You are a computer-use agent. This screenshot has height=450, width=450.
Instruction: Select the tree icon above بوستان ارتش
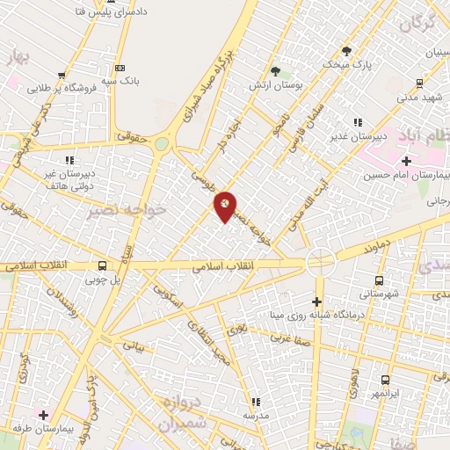276,70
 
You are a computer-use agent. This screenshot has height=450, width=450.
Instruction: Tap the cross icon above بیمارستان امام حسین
405,161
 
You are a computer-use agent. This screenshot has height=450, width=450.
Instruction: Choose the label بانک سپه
120,79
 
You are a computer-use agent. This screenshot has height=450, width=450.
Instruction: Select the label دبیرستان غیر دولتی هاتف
68,180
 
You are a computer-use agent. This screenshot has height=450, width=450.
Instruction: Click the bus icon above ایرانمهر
385,381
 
